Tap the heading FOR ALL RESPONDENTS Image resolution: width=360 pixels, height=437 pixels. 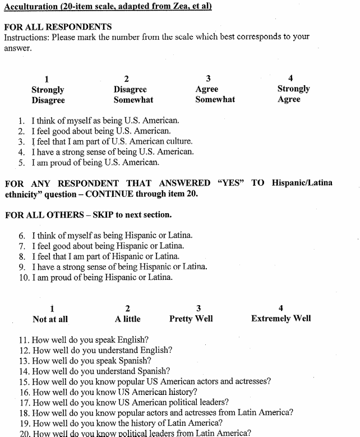[58, 27]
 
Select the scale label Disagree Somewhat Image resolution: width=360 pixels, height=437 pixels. [133, 94]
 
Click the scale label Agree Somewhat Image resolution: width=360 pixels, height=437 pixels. [215, 94]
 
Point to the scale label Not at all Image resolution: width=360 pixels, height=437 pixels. [50, 319]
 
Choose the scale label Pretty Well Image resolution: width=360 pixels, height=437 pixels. [191, 319]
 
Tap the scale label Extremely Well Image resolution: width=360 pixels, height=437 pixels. [281, 319]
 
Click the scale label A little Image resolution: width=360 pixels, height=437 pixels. [128, 319]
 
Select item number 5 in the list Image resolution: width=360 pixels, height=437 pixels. [21, 163]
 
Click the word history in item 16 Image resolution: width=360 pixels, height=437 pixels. [182, 392]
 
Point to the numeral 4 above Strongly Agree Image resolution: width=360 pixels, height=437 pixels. [290, 78]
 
